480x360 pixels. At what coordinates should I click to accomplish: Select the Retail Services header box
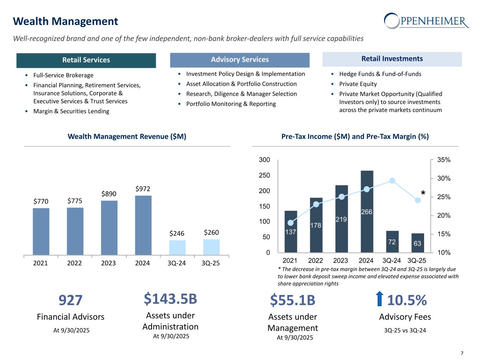coord(86,60)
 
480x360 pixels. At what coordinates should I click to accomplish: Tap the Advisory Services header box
coord(240,60)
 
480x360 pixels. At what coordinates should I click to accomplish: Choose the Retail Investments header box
coord(392,59)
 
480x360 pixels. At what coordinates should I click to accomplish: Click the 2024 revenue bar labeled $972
coord(143,225)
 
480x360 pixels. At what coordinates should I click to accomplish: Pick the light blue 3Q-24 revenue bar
coord(177,247)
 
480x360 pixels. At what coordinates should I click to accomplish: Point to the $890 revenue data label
coord(109,194)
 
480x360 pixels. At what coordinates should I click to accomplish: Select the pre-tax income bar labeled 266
coord(367,211)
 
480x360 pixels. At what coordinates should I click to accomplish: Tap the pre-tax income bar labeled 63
coord(417,243)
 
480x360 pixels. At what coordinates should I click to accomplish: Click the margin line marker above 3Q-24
coord(392,181)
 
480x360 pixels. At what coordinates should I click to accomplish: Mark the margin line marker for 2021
coord(290,223)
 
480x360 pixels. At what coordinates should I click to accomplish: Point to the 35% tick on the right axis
coord(444,160)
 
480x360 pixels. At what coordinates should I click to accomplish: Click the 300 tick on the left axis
coord(264,160)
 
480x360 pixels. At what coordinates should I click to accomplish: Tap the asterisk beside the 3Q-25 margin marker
coord(423,193)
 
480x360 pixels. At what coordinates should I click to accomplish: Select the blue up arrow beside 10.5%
coord(379,299)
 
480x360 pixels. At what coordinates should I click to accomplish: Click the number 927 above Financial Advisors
coord(70,300)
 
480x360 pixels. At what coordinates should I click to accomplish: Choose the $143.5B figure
coord(170,299)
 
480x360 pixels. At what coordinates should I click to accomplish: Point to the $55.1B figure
coord(293,300)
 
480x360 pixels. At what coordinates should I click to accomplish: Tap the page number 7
coord(462,353)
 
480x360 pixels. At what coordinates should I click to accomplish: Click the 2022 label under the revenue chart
coord(74,263)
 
